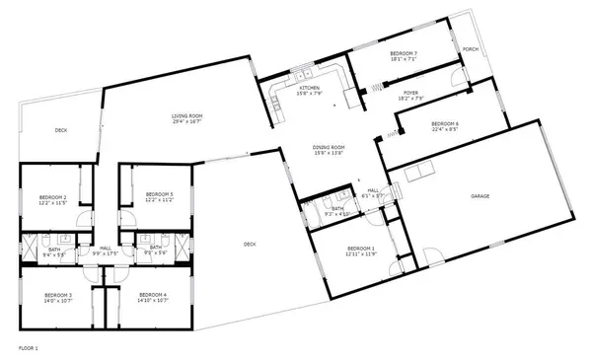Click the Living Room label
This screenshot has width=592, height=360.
pyautogui.click(x=186, y=116)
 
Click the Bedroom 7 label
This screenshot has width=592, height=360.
pyautogui.click(x=404, y=53)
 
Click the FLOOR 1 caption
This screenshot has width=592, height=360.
pyautogui.click(x=29, y=347)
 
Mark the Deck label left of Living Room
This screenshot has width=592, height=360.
pyautogui.click(x=61, y=129)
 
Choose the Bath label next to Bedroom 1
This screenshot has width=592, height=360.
pyautogui.click(x=337, y=208)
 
